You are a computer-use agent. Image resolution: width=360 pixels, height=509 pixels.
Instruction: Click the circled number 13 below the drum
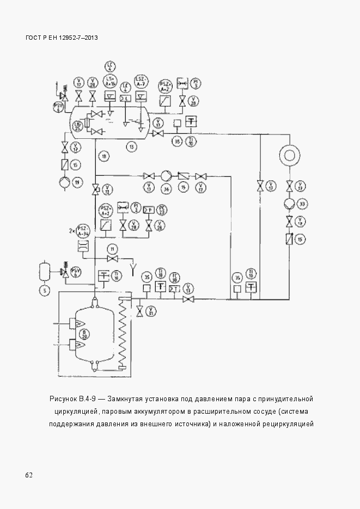131,146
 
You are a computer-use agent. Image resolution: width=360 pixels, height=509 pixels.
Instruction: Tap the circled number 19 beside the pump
77,182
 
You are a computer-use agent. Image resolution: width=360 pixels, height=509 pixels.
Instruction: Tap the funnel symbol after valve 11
133,266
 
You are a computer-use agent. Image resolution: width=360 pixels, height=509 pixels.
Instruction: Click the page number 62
29,475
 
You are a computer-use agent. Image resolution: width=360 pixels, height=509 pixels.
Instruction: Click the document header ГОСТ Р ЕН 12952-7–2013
62,38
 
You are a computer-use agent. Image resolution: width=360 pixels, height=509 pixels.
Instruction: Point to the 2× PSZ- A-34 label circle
83,229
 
